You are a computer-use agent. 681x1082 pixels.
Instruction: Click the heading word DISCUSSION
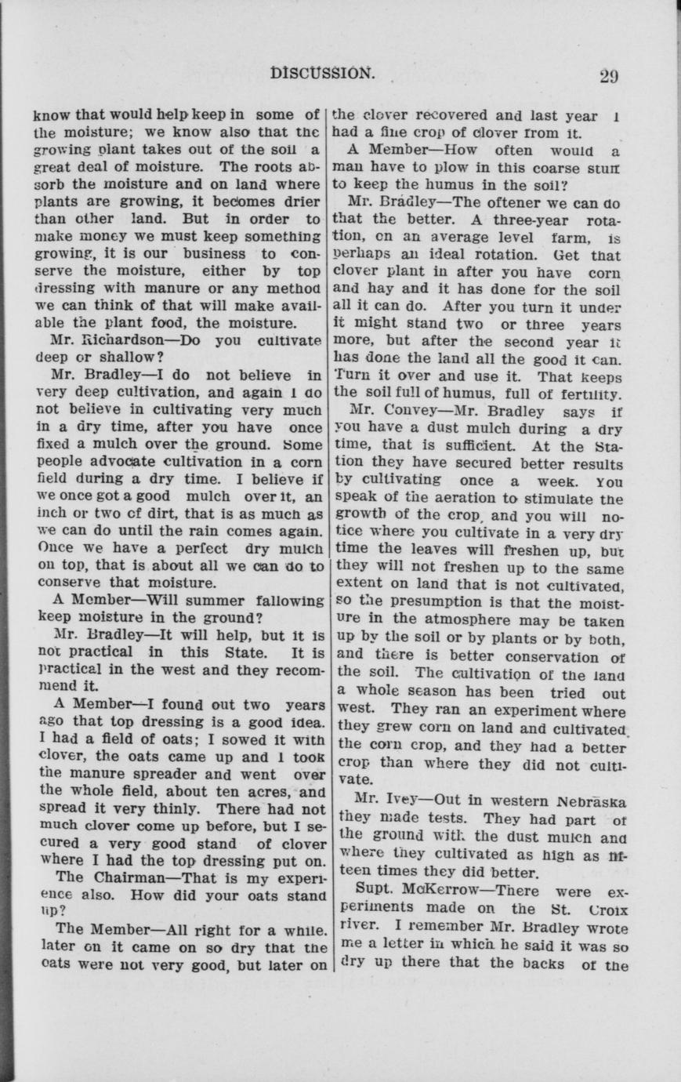321,73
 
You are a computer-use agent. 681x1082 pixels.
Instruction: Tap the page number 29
609,76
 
